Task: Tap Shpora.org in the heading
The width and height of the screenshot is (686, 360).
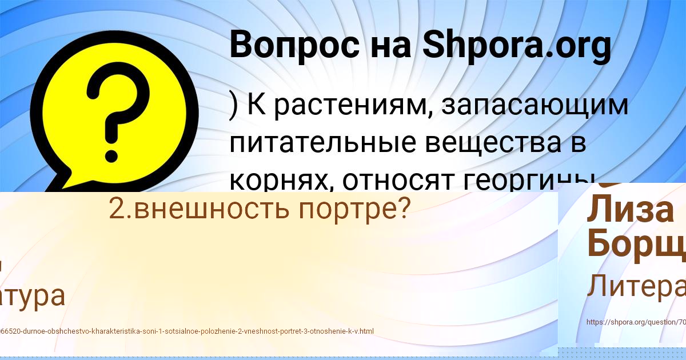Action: pos(517,46)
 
